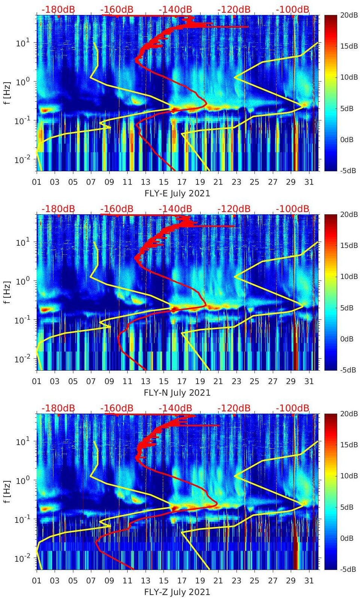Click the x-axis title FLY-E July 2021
tap(177, 193)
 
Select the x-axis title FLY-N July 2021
tap(177, 393)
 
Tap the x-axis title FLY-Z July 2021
tap(177, 592)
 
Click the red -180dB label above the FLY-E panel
tap(58, 9)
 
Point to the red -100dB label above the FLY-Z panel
tap(292, 408)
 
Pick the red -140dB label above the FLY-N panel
tap(175, 209)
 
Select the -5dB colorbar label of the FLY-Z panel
tap(348, 569)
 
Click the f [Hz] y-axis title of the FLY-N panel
tap(7, 292)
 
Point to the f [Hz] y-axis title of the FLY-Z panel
tap(7, 491)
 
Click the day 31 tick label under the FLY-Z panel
tap(309, 581)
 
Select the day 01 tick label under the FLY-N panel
tap(37, 381)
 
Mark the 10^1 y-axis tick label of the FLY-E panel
tap(23, 43)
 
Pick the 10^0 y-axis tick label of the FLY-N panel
tap(23, 281)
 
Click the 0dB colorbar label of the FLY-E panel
tap(348, 139)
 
